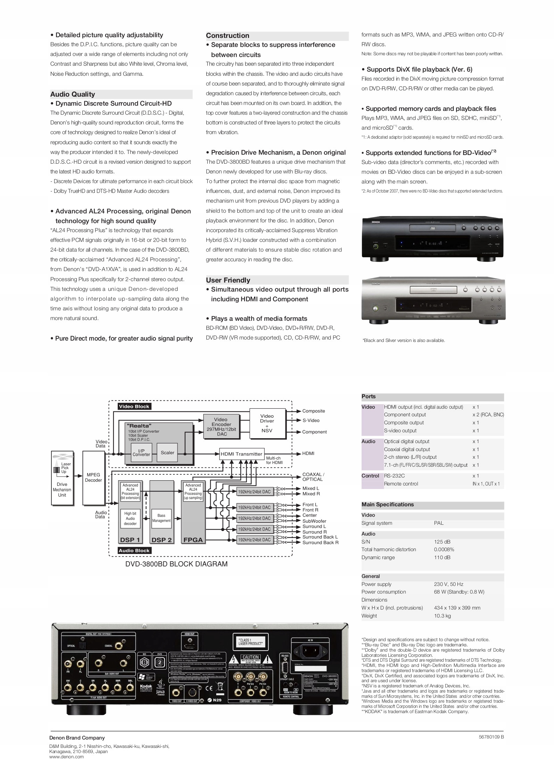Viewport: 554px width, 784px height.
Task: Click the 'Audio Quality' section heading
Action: pyautogui.click(x=73, y=94)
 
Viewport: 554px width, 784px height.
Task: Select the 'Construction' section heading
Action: pyautogui.click(x=228, y=35)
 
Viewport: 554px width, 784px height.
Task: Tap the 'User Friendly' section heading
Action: pyautogui.click(x=228, y=280)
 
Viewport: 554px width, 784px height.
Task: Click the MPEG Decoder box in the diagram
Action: pyautogui.click(x=93, y=477)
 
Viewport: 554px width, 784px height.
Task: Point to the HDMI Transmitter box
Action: pyautogui.click(x=241, y=454)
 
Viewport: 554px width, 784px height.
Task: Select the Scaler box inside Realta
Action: pyautogui.click(x=167, y=452)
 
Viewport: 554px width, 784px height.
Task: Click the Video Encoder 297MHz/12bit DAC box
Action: pyautogui.click(x=221, y=427)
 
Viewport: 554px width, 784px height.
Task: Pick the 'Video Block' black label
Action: pyautogui.click(x=134, y=406)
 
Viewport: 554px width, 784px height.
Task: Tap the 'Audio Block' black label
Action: pyautogui.click(x=134, y=550)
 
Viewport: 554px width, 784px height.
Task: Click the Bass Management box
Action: pyautogui.click(x=162, y=518)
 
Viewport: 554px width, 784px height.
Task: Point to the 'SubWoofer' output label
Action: pyautogui.click(x=314, y=521)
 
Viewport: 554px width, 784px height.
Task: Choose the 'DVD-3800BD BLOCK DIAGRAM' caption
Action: pyautogui.click(x=176, y=564)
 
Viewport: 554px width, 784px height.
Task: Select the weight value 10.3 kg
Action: pyautogui.click(x=442, y=616)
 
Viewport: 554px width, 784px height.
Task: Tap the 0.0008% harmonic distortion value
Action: pyautogui.click(x=444, y=549)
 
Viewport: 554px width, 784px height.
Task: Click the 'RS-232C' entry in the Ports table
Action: pyautogui.click(x=394, y=476)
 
